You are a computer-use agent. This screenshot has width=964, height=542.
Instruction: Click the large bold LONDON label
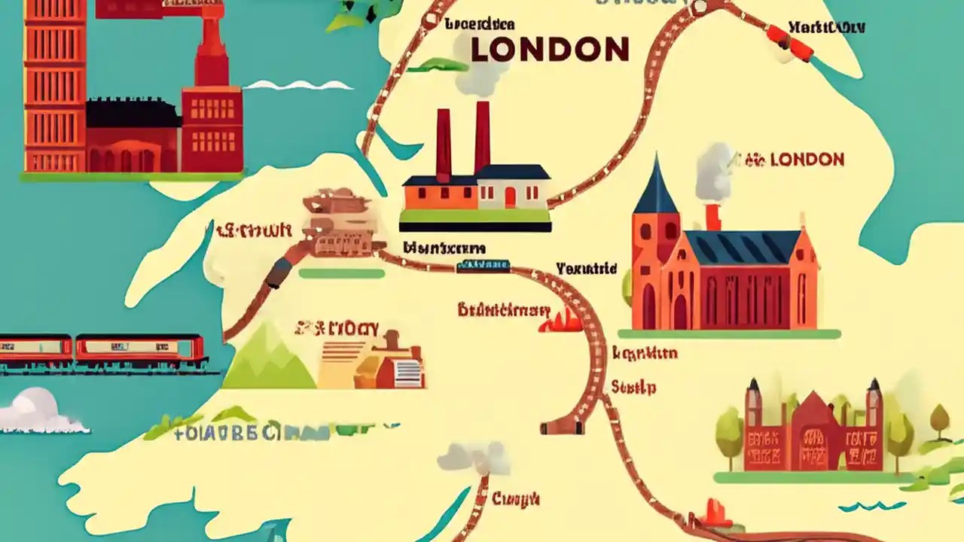coord(549,50)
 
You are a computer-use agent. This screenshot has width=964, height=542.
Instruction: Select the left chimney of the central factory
coord(444,143)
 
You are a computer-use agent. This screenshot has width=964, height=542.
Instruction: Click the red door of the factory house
coord(510,197)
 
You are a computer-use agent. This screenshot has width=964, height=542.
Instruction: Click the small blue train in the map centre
coord(483,265)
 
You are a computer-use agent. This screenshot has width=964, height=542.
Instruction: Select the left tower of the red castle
coord(754,422)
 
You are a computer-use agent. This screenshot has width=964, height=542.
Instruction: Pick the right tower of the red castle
coord(874,422)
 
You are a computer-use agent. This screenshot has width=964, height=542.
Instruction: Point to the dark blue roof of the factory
coord(512,172)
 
